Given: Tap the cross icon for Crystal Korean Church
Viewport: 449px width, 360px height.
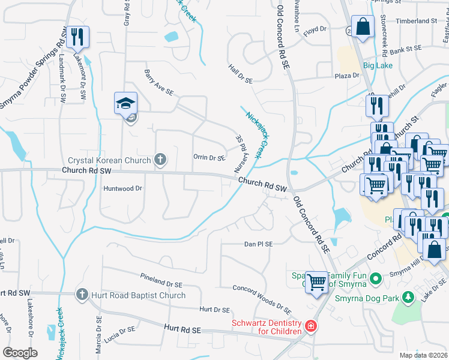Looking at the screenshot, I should click(160, 160).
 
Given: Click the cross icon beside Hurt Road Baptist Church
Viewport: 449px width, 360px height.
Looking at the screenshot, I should click(82, 295).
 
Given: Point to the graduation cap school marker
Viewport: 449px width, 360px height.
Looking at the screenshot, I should click(126, 103).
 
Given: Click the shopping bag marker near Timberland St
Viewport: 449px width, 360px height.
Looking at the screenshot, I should click(363, 26).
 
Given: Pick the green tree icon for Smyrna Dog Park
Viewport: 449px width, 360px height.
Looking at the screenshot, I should click(408, 296).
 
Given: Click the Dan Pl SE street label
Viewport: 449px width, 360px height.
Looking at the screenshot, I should click(258, 244).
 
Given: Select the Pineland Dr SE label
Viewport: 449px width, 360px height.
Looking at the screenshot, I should click(161, 280).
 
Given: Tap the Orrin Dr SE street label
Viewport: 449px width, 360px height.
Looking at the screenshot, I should click(209, 158).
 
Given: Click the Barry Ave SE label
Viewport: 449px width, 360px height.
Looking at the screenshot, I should click(159, 83).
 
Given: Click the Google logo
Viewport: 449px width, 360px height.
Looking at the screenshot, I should click(20, 353).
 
